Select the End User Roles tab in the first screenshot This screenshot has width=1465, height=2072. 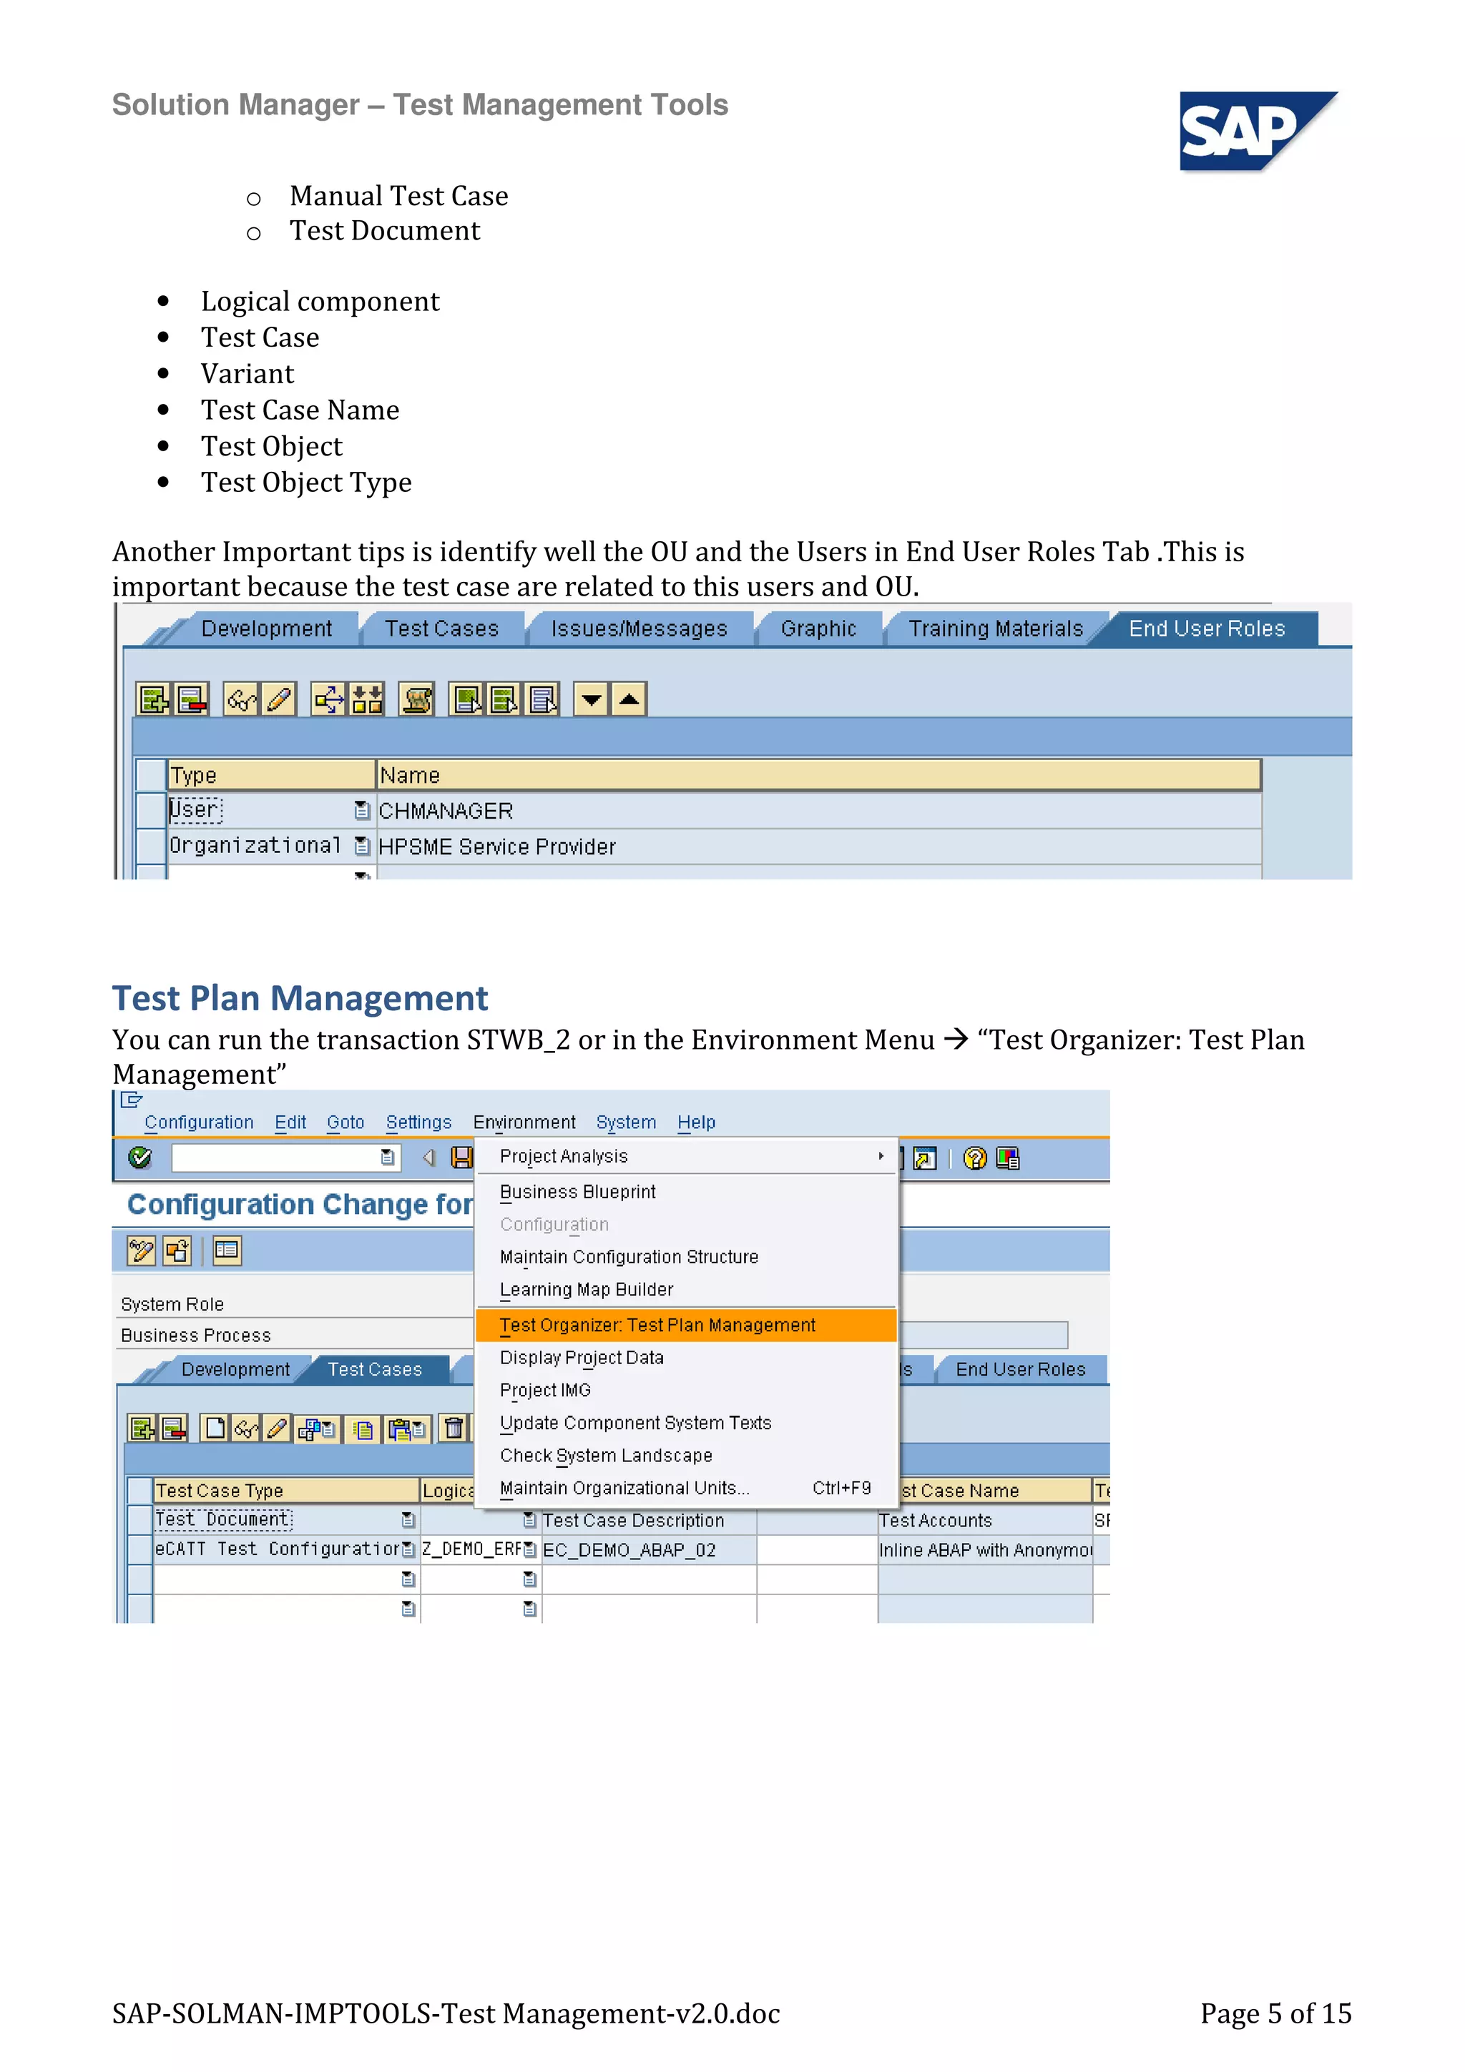point(1206,629)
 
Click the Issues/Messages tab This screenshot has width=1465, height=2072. point(638,629)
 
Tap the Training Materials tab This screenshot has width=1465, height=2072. point(995,629)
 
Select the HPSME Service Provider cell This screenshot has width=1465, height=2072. point(496,847)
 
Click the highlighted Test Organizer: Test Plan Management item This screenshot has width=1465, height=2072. point(657,1325)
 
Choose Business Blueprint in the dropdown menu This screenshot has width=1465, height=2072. point(578,1192)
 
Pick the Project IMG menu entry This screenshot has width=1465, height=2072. point(545,1391)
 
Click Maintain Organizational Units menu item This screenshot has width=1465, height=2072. point(624,1488)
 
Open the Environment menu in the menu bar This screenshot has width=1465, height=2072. point(524,1123)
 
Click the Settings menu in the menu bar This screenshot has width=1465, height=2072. point(418,1123)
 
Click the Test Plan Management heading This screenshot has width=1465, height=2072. point(300,998)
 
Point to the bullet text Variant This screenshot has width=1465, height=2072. point(248,374)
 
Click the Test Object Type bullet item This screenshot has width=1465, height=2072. point(306,483)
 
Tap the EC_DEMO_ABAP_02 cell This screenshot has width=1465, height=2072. point(629,1550)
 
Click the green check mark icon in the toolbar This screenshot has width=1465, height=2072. point(140,1158)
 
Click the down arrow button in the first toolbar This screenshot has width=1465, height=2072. point(592,699)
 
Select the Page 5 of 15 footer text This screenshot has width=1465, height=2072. point(1275,2013)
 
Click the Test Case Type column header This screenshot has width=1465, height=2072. point(220,1491)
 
